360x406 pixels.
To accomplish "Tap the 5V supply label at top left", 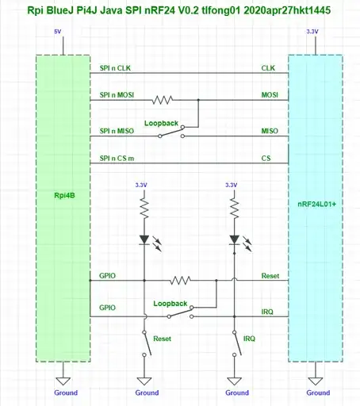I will click(x=56, y=32).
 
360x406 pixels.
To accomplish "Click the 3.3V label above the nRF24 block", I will click(x=312, y=32).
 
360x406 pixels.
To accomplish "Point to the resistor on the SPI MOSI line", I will click(x=163, y=100).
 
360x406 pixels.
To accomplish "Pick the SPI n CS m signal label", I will click(x=117, y=159).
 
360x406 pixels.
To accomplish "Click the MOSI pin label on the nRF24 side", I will click(x=270, y=95).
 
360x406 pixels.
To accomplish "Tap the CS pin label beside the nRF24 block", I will click(x=266, y=159).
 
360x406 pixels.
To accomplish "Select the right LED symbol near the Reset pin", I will click(x=234, y=239).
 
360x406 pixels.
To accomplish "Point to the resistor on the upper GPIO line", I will click(x=181, y=280).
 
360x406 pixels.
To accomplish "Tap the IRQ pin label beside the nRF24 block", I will click(x=268, y=312).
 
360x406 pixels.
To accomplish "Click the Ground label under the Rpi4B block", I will click(x=65, y=393).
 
